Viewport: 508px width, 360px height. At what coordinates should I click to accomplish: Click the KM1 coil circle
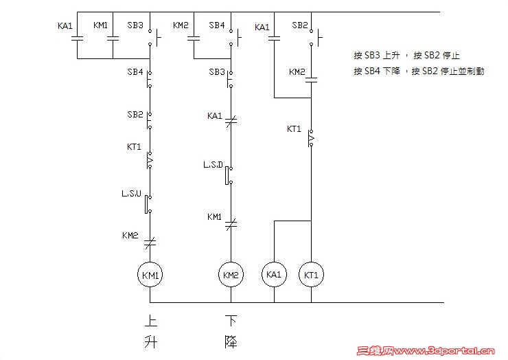tap(150, 275)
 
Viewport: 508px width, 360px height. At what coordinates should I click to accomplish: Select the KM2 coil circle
tap(231, 275)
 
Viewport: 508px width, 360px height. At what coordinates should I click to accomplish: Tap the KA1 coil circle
tap(274, 275)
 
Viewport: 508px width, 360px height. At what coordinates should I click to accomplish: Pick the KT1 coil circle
tap(312, 275)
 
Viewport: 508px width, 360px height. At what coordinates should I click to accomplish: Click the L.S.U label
tap(131, 194)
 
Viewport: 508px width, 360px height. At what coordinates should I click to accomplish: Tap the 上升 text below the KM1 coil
tap(150, 332)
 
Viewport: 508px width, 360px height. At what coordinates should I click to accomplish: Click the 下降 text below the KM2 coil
tap(231, 332)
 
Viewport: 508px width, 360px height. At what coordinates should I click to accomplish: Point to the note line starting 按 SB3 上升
tap(406, 56)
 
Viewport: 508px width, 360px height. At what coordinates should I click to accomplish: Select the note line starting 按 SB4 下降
tap(419, 71)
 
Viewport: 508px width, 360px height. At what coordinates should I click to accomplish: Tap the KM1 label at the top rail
tap(100, 25)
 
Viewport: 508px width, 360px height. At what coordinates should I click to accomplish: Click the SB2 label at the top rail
tap(299, 25)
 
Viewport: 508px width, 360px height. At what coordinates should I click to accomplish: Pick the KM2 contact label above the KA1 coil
tap(297, 72)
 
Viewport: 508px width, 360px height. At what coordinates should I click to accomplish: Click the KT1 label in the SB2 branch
tap(295, 128)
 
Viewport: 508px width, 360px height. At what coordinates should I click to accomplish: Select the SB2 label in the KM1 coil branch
tap(135, 114)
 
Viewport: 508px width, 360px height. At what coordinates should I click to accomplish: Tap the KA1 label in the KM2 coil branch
tap(215, 116)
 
